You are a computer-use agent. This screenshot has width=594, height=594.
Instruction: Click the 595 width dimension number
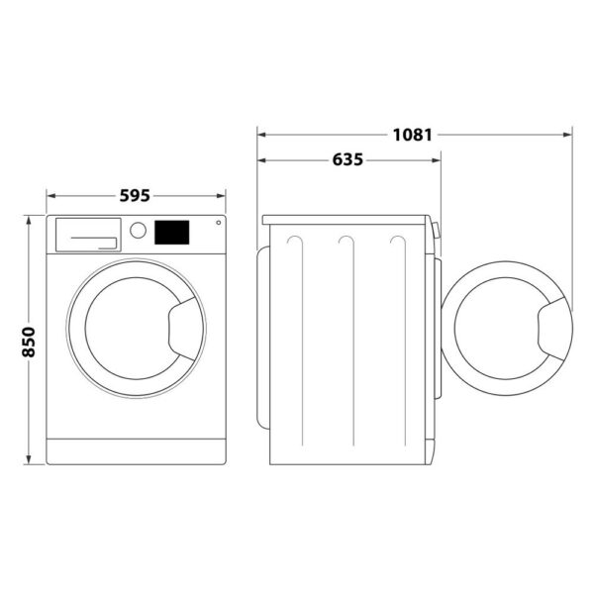[135, 195]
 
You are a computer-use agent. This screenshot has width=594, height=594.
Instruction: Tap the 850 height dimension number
[29, 342]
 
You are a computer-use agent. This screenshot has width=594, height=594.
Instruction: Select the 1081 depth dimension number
[412, 133]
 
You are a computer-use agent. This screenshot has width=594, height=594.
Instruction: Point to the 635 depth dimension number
[347, 158]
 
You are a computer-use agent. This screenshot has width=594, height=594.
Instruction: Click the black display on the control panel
[171, 232]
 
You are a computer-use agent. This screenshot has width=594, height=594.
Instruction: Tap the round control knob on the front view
[139, 231]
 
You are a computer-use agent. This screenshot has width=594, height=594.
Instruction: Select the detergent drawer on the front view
[87, 235]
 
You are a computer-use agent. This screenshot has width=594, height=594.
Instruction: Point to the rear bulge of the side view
[261, 337]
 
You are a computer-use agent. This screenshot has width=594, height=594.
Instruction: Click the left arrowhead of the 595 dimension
[50, 195]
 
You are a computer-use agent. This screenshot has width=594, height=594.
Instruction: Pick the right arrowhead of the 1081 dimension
[568, 133]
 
